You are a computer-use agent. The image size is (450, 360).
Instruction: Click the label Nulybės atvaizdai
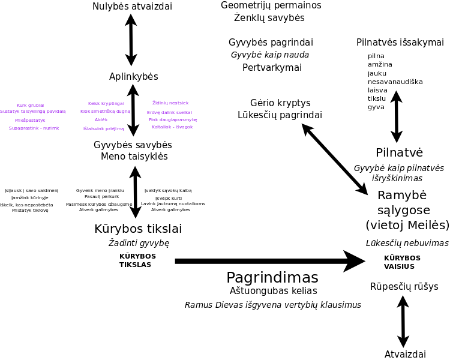tap(132, 7)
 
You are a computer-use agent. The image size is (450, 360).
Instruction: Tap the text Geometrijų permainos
tap(271, 5)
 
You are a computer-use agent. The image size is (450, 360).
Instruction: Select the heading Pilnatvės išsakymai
tap(400, 43)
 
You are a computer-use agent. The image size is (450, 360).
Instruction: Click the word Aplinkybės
tap(133, 77)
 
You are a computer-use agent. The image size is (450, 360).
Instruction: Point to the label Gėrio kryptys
tap(280, 103)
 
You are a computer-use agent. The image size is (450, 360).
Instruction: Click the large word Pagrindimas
tap(272, 278)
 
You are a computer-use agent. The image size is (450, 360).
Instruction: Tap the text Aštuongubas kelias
tap(273, 291)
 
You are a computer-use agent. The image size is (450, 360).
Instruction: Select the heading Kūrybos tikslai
tap(138, 229)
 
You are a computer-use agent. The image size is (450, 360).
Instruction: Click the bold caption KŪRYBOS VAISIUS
tap(402, 262)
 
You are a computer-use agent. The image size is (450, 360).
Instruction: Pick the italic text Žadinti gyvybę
tap(139, 243)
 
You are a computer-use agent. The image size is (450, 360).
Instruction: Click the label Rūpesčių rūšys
tap(404, 286)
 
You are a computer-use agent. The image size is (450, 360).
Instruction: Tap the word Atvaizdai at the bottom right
tap(405, 355)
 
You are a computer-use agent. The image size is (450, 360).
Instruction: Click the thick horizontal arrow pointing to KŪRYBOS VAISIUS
tap(270, 261)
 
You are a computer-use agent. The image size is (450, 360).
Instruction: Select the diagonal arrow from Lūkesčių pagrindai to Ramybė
tap(334, 159)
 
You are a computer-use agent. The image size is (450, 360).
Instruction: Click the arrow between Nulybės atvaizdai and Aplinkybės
tap(131, 40)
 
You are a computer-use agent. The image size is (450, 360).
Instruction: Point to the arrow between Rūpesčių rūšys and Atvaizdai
tap(403, 320)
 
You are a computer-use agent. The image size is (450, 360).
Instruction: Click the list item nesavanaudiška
tap(395, 82)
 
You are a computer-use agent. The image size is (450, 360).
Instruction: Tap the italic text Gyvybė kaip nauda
tap(270, 55)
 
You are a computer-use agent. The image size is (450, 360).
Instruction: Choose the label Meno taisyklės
tap(134, 157)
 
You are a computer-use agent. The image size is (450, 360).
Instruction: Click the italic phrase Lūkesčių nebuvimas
tap(407, 243)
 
